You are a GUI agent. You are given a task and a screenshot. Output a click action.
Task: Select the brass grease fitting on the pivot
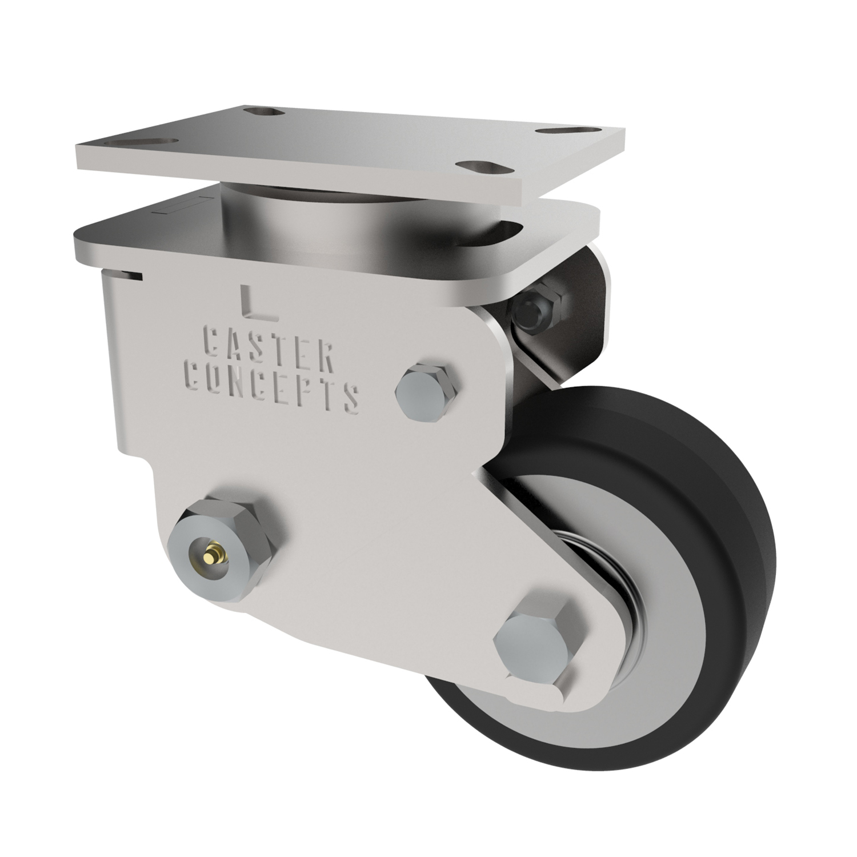(x=213, y=552)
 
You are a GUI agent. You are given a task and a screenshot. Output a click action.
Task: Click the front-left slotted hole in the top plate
(x=150, y=141)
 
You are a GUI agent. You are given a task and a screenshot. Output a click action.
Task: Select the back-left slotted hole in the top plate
(x=265, y=111)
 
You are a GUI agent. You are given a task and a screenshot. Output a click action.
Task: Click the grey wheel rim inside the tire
(x=657, y=657)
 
